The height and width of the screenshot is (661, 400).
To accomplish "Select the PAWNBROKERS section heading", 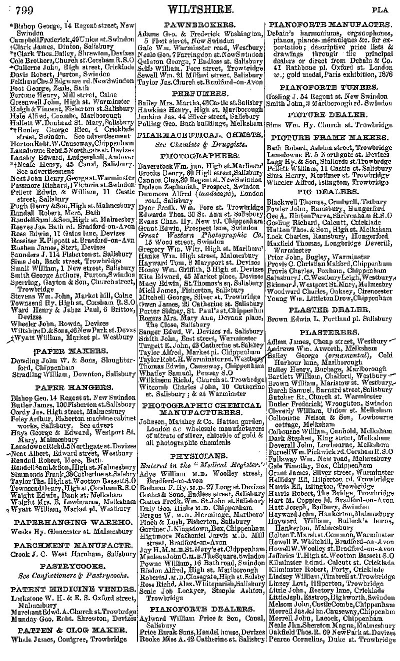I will click(x=200, y=24).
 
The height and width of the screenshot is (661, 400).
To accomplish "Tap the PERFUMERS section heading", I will click(x=200, y=93).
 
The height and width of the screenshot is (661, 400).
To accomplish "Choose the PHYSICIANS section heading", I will click(x=200, y=456).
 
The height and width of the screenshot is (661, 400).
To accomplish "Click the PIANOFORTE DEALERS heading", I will click(x=200, y=609).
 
